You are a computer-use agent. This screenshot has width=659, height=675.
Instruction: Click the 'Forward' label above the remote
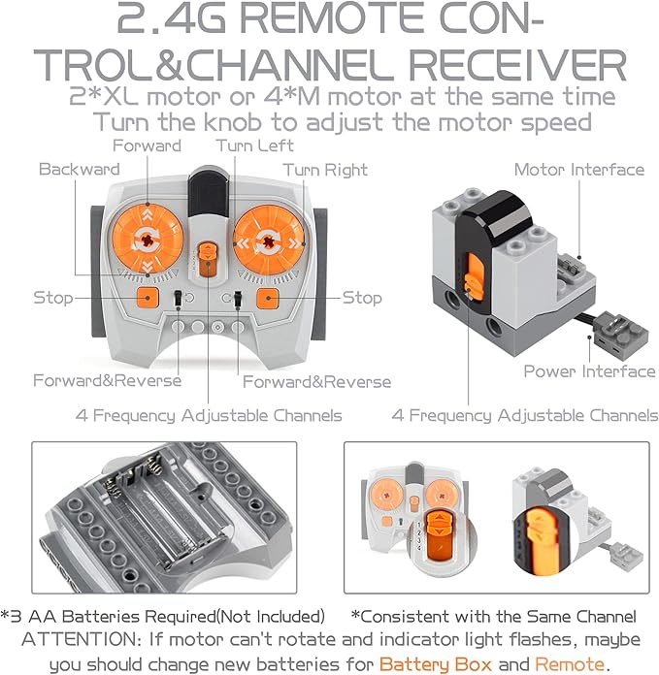pyautogui.click(x=147, y=145)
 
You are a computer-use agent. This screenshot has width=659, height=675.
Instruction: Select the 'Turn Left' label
pyautogui.click(x=247, y=145)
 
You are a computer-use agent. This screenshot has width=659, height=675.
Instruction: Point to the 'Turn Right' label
pyautogui.click(x=325, y=170)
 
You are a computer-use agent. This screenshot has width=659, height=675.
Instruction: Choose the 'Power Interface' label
pyautogui.click(x=589, y=371)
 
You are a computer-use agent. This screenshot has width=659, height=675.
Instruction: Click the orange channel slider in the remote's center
pyautogui.click(x=206, y=262)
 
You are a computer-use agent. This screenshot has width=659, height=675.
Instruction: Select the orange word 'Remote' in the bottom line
pyautogui.click(x=569, y=664)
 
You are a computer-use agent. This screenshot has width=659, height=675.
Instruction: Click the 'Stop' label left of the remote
pyautogui.click(x=53, y=297)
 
